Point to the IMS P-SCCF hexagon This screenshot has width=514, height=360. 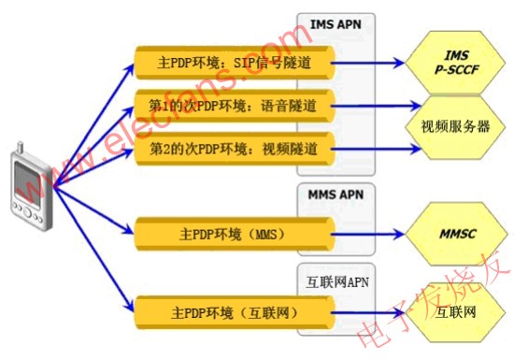pos(453,65)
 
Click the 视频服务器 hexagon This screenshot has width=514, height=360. pos(454,125)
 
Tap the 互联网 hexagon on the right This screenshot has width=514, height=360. pos(455,310)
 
